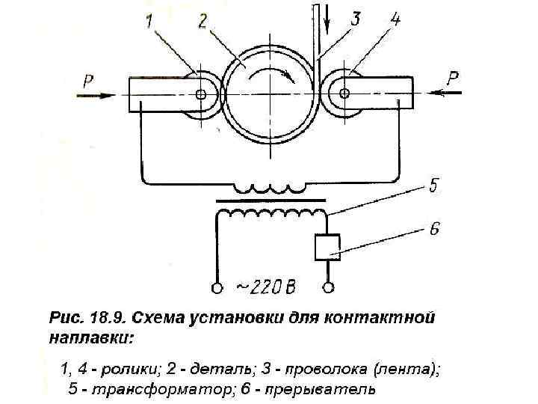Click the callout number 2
202,22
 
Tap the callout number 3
356,19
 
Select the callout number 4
394,20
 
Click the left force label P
88,81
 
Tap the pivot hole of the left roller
200,94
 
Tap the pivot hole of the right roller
344,94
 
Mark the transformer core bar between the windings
270,201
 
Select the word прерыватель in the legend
323,389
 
